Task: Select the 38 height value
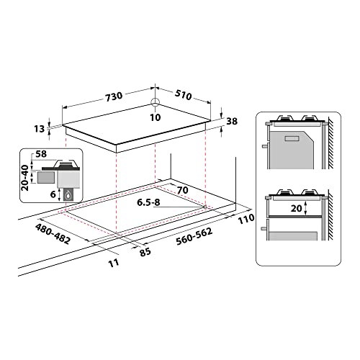coord(231,122)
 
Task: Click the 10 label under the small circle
coord(156,117)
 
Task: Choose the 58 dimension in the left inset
coord(42,154)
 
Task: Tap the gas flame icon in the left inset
coord(68,194)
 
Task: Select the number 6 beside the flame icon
coord(53,194)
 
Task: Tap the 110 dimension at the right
coord(246,218)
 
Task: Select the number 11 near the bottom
coord(114,263)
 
